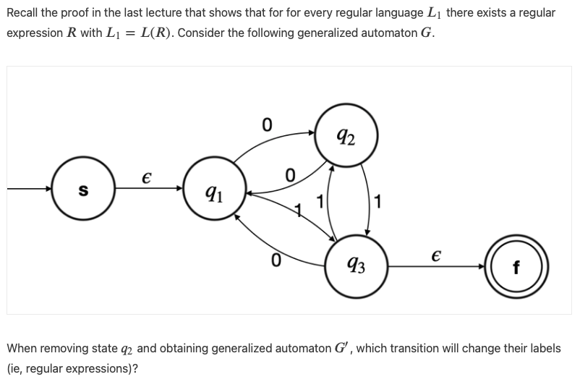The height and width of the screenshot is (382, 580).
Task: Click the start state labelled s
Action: (83, 191)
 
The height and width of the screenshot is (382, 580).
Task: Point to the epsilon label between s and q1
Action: (147, 177)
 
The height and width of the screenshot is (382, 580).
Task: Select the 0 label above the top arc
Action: (267, 124)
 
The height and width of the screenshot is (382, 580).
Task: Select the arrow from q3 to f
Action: (438, 266)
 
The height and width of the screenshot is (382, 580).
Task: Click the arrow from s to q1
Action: (148, 190)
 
